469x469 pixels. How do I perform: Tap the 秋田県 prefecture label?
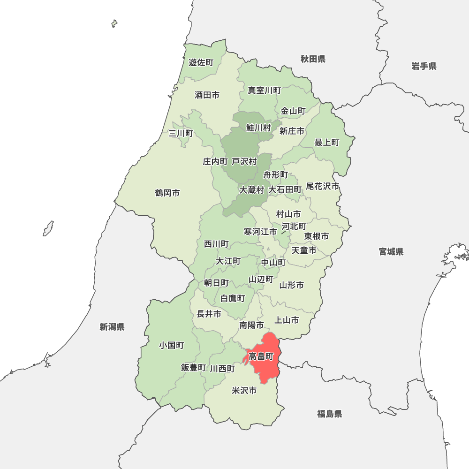313,59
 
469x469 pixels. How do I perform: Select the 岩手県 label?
424,66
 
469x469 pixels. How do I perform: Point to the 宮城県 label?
391,252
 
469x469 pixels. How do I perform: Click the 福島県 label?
329,414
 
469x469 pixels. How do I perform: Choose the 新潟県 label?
112,327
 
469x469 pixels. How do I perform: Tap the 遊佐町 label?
201,62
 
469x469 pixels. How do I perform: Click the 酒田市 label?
207,95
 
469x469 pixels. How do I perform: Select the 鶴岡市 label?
167,193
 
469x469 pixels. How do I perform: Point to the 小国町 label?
171,345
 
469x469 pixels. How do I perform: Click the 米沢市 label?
244,390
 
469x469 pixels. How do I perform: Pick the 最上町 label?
327,142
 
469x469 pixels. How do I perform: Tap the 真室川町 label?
265,90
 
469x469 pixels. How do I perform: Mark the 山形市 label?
292,285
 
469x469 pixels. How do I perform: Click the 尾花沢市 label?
322,186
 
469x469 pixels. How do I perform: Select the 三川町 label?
181,133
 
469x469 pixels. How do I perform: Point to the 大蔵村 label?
252,190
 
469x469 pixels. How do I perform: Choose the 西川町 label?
216,244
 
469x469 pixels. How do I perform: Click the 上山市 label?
287,320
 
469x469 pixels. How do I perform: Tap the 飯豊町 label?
193,368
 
